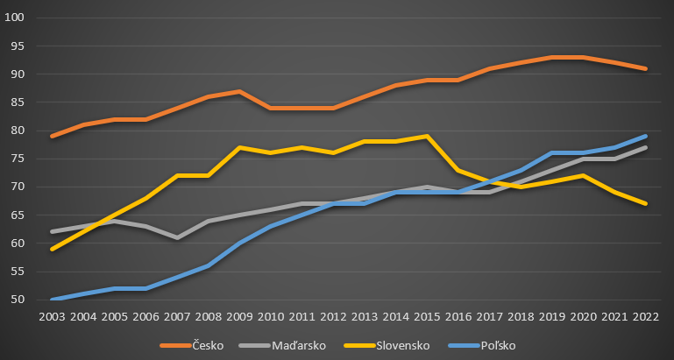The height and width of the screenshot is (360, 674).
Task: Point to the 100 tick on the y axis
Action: (16, 18)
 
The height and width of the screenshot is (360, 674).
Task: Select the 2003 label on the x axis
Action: (52, 316)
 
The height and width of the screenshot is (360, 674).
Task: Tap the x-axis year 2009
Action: (239, 316)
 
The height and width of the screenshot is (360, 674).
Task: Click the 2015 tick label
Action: (427, 316)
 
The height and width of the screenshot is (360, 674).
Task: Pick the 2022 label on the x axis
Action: (646, 316)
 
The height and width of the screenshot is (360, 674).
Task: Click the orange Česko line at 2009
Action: (239, 91)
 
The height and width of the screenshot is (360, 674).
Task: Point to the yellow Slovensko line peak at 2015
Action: (427, 136)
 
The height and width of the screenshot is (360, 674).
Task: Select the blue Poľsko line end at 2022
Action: (646, 136)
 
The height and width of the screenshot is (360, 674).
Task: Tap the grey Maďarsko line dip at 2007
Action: (177, 237)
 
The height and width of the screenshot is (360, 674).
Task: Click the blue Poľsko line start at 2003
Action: (52, 299)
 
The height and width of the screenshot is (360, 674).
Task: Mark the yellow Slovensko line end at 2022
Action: (646, 203)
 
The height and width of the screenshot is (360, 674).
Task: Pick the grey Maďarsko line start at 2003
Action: (52, 231)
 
